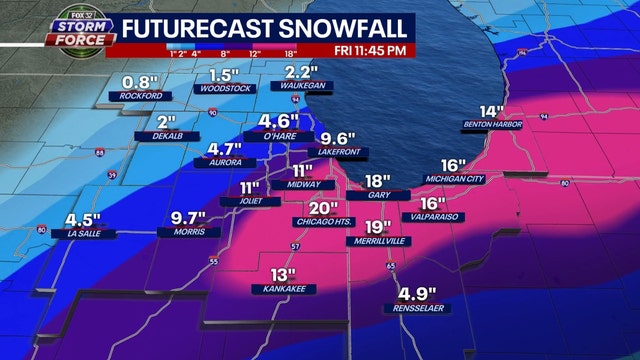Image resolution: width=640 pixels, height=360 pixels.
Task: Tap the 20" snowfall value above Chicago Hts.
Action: (319, 206)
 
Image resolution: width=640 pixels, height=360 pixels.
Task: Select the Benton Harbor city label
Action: (490, 125)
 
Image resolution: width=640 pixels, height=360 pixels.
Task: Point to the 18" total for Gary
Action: (377, 181)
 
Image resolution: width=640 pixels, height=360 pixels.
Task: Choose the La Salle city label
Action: (86, 236)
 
